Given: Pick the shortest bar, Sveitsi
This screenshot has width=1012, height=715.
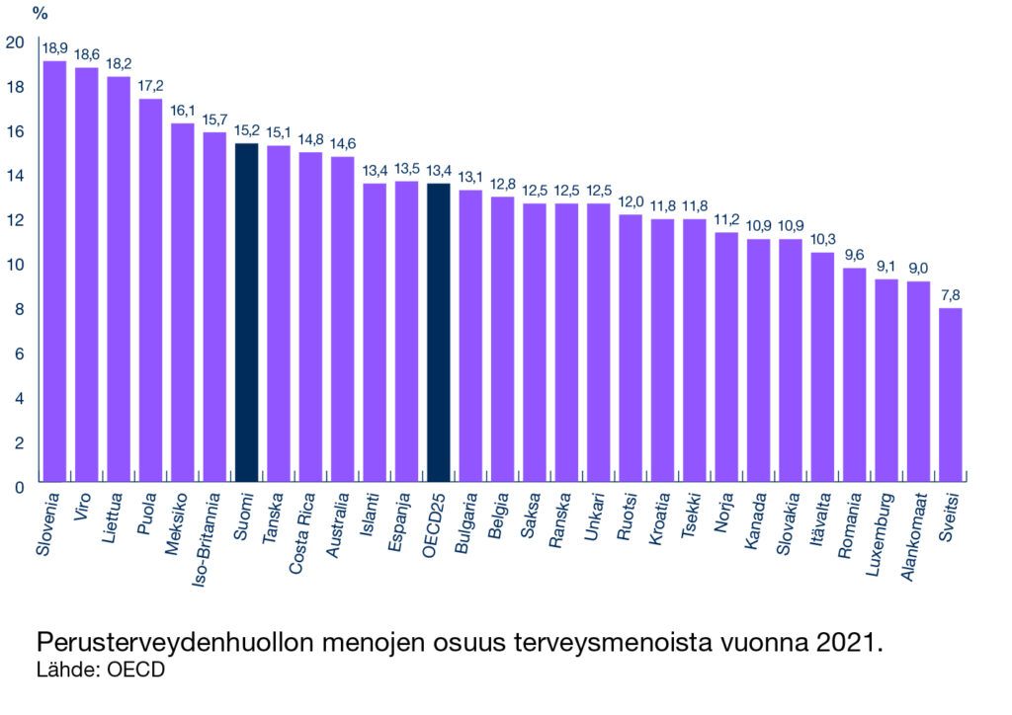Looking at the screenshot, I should tap(950, 395).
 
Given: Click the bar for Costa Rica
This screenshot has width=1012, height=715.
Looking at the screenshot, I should tap(310, 317).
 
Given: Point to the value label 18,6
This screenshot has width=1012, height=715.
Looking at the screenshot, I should tap(87, 54).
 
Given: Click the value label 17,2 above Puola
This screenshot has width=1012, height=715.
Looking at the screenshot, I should tap(150, 85).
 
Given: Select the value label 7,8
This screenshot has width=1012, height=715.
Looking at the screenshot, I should tap(950, 295).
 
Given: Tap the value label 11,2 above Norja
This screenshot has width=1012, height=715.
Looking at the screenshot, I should tap(726, 219).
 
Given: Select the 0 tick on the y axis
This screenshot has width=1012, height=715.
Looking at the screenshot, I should tap(18, 487).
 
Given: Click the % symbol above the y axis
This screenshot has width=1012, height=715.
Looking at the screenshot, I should tap(40, 14).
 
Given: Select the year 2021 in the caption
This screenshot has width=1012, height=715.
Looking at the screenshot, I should tap(846, 643).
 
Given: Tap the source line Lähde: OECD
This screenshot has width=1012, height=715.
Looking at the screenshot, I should tap(100, 670).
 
